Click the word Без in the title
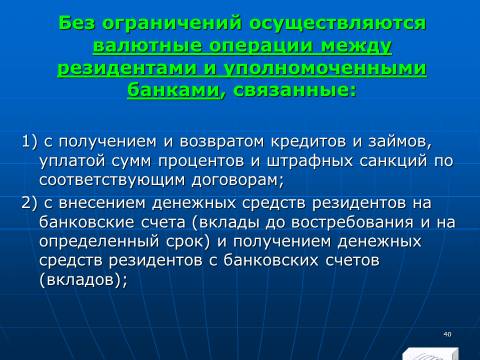point(76,23)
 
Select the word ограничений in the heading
point(172,24)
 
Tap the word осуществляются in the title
point(338,24)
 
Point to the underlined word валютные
point(147,46)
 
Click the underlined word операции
point(262,47)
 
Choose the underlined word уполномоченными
point(325,68)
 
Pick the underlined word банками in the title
point(173,90)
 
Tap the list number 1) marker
point(29,142)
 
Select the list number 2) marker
point(29,203)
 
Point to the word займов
point(400,142)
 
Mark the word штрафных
point(309,161)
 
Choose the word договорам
point(237,181)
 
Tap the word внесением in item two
point(102,203)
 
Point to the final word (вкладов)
point(83,279)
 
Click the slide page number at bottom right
point(447,334)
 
